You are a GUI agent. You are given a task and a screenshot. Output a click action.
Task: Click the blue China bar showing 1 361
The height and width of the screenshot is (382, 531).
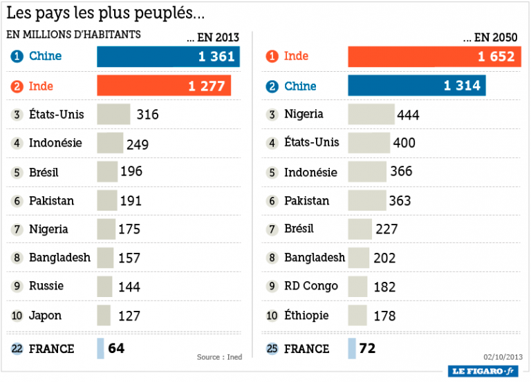pyautogui.click(x=168, y=57)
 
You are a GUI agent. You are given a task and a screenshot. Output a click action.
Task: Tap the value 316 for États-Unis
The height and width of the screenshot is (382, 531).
pyautogui.click(x=147, y=115)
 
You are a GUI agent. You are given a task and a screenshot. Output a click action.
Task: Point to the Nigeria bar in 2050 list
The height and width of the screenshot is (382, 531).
pyautogui.click(x=371, y=115)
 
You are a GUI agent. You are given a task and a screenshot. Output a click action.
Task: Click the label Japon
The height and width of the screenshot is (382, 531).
pyautogui.click(x=45, y=316)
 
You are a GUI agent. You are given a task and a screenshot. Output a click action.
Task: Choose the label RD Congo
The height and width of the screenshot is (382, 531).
pyautogui.click(x=311, y=286)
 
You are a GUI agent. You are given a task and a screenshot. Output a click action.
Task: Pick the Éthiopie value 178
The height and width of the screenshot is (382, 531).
pyautogui.click(x=384, y=316)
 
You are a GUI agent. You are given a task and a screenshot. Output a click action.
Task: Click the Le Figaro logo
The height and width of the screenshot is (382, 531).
pyautogui.click(x=483, y=371)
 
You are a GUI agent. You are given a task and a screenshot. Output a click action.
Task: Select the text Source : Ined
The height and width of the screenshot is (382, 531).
pyautogui.click(x=219, y=356)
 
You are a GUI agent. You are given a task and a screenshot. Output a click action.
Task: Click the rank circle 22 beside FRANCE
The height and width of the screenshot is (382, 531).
pyautogui.click(x=17, y=349)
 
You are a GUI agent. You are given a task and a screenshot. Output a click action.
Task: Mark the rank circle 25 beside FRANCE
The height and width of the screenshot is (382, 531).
pyautogui.click(x=272, y=349)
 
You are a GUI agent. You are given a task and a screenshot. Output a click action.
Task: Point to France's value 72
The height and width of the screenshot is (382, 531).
pyautogui.click(x=367, y=348)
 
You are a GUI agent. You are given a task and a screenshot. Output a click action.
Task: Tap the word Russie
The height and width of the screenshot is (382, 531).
pyautogui.click(x=46, y=286)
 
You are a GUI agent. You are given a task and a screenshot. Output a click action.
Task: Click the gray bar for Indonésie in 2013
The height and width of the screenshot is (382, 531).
pyautogui.click(x=110, y=143)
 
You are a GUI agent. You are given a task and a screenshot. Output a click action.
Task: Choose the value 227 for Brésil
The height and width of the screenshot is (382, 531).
pyautogui.click(x=386, y=229)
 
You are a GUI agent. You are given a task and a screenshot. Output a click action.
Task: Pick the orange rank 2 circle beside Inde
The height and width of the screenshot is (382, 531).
pyautogui.click(x=17, y=86)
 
